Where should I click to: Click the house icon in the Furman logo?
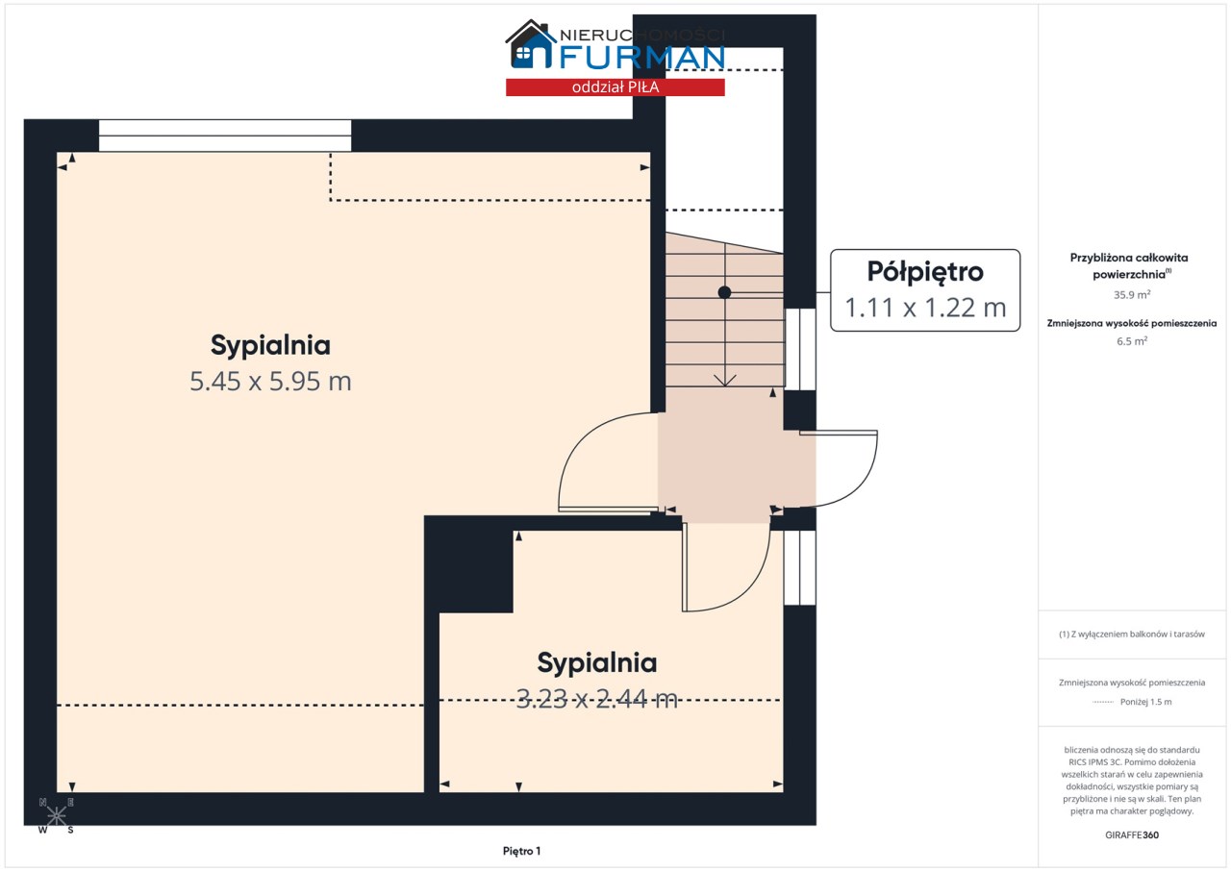(x=530, y=44)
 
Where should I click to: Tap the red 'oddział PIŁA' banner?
(x=615, y=87)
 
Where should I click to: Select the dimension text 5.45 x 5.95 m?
(x=270, y=381)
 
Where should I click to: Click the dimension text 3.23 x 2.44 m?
(x=597, y=699)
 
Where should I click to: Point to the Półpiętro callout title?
(x=925, y=272)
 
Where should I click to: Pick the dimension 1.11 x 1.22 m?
(x=925, y=308)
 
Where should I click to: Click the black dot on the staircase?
(x=724, y=292)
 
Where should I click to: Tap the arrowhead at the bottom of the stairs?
(x=725, y=381)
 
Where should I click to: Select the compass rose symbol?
(x=56, y=815)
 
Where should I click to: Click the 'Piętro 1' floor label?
(x=521, y=851)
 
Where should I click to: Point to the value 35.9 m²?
(x=1132, y=294)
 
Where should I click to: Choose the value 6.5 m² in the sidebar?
(x=1132, y=341)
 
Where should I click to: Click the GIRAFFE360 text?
(x=1132, y=834)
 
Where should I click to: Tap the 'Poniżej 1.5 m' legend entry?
(x=1145, y=702)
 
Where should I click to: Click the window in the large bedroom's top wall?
(x=225, y=136)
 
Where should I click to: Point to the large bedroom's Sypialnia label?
(x=270, y=345)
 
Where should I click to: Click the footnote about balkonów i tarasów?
(x=1132, y=635)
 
